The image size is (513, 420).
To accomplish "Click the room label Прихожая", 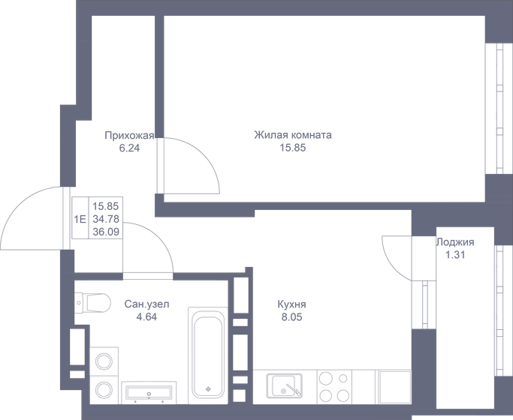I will tap(129, 136).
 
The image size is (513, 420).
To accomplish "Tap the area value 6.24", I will tap(129, 148).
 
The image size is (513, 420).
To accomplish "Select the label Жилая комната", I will tap(293, 136).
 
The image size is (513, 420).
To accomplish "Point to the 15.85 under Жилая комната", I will tap(293, 148).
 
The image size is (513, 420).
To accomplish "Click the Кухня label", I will tap(291, 304).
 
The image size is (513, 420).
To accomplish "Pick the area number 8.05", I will tap(291, 316).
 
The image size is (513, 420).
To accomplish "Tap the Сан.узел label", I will tap(147, 304).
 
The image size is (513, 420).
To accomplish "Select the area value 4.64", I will tap(147, 316).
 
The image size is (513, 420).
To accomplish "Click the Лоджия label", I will tap(455, 242).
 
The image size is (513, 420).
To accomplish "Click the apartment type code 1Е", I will tap(80, 218).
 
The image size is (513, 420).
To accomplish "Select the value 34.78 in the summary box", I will tap(105, 218).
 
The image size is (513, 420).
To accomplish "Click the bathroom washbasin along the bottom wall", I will tap(149, 392).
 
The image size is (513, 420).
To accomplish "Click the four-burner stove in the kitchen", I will tap(334, 387).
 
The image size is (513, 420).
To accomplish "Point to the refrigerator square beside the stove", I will tap(394, 387).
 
